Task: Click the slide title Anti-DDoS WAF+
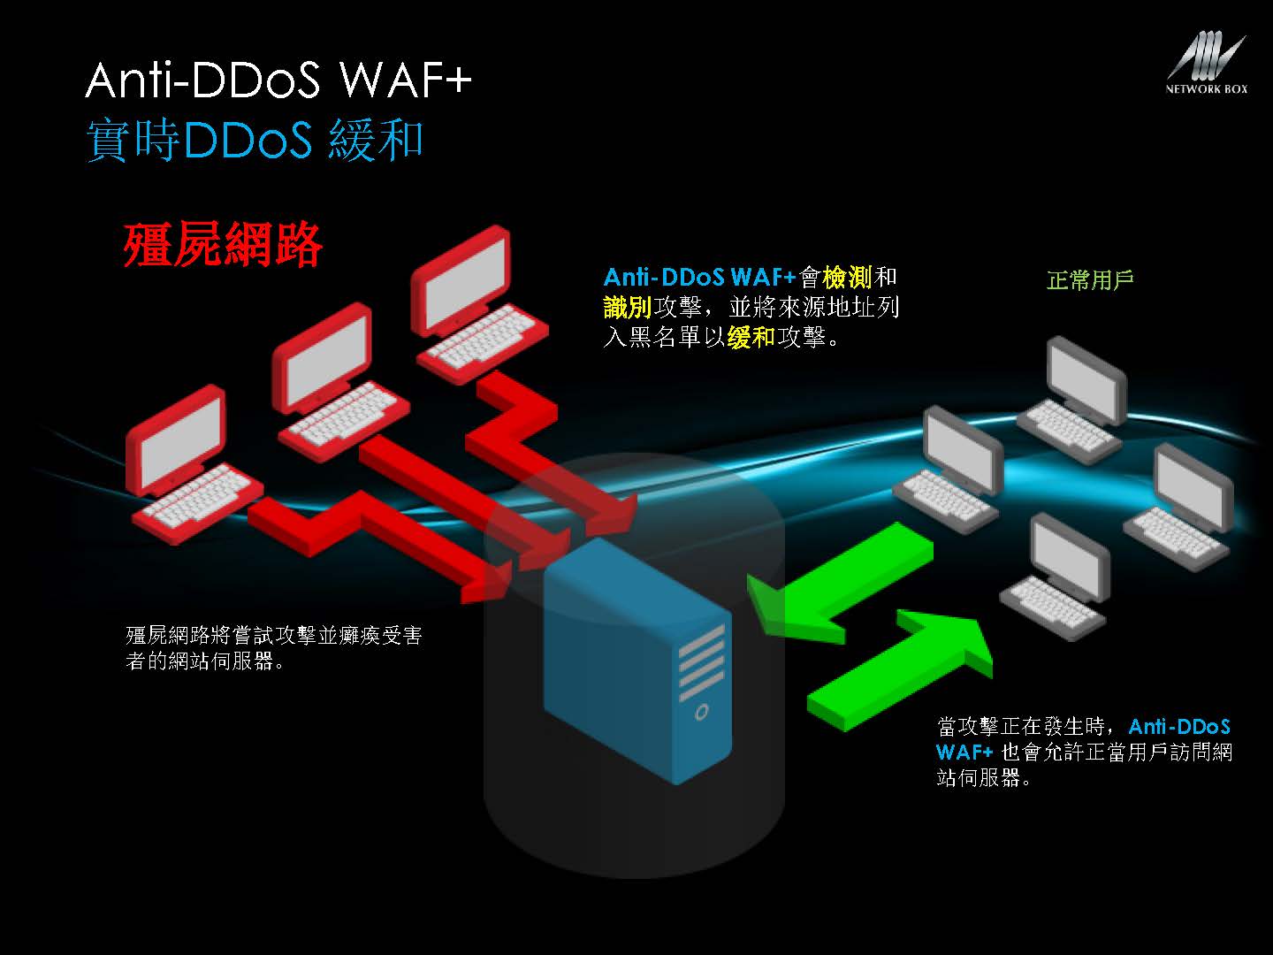(278, 80)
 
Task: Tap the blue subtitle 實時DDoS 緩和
(255, 140)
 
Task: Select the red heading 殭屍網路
(223, 244)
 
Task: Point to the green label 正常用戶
(1089, 280)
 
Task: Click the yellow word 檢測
(847, 278)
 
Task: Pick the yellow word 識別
(628, 307)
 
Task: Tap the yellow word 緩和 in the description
(751, 337)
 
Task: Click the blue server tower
(636, 663)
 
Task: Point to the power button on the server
(701, 711)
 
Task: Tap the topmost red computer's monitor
(460, 279)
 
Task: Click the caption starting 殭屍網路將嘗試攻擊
(273, 647)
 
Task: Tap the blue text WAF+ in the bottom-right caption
(964, 753)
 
